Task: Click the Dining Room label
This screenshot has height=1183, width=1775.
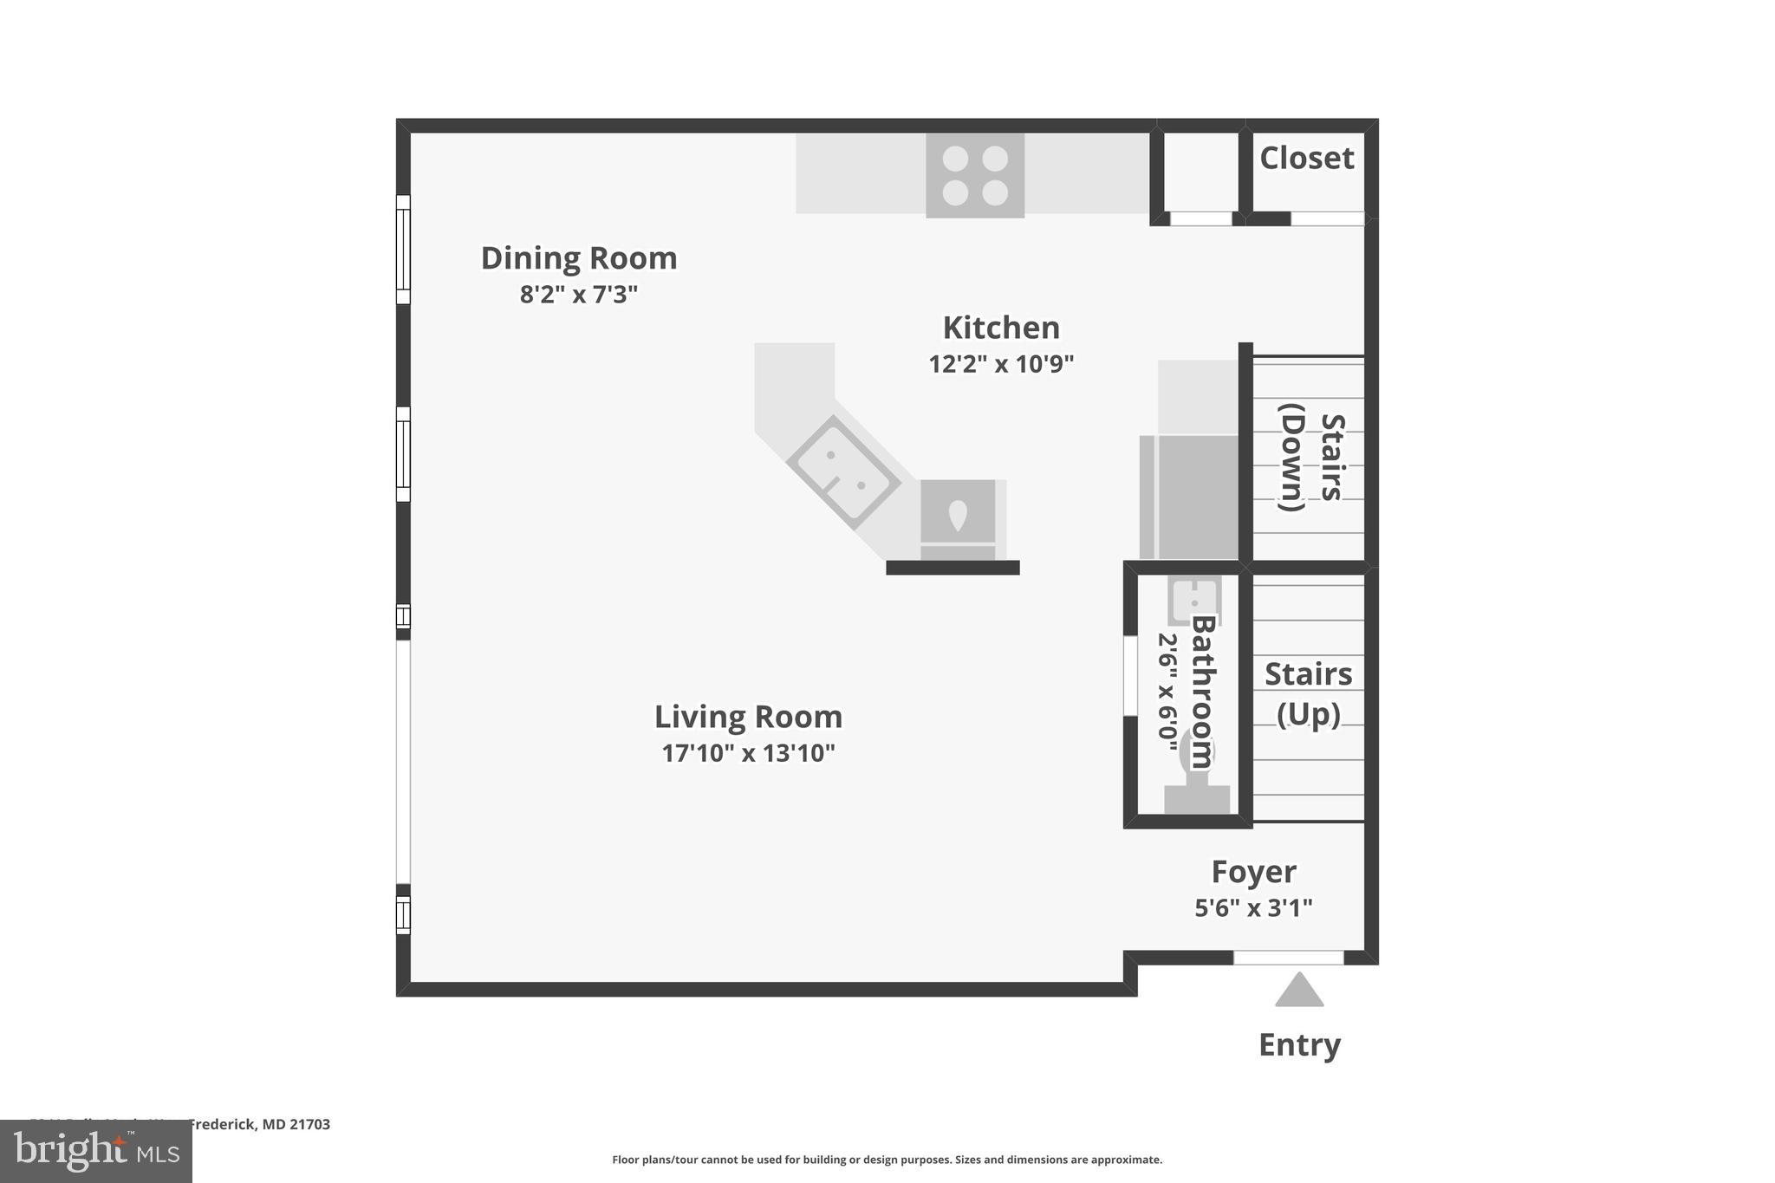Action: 579,258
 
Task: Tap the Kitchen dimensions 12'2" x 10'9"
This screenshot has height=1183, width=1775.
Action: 1001,364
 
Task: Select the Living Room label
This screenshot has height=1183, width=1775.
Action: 748,717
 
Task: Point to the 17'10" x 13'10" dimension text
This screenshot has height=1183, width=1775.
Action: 748,753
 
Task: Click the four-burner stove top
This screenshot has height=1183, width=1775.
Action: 975,176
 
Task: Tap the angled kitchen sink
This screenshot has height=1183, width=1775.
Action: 843,471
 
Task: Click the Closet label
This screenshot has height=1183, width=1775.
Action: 1306,159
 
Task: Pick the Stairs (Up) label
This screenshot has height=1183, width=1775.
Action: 1308,693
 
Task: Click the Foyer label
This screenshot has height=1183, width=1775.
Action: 1253,871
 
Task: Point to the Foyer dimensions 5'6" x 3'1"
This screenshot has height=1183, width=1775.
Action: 1253,908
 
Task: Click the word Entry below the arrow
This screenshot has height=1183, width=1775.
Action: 1298,1045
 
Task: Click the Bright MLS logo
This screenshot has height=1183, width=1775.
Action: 96,1152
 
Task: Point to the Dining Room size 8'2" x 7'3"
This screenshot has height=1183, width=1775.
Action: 579,295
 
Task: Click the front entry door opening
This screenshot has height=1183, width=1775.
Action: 1288,958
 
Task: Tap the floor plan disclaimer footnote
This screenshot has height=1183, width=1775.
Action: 887,1160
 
